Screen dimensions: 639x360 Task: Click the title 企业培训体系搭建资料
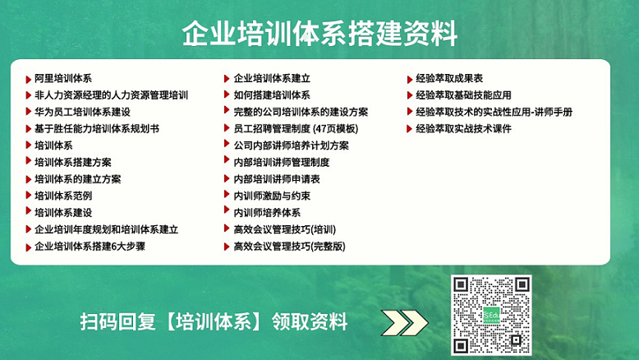click(319, 33)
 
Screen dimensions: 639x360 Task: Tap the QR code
click(491, 315)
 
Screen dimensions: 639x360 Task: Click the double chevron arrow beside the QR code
click(404, 322)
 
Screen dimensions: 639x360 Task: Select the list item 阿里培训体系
click(63, 78)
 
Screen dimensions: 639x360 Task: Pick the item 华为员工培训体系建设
click(82, 112)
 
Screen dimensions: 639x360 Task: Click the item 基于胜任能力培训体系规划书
click(97, 129)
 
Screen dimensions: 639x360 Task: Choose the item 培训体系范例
click(63, 196)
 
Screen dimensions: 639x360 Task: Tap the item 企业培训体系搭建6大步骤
click(90, 247)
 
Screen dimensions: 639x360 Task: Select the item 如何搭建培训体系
click(272, 95)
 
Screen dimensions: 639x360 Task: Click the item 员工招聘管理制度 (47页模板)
click(296, 129)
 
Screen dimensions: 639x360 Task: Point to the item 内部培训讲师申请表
click(277, 179)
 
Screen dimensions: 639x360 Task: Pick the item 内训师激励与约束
click(272, 196)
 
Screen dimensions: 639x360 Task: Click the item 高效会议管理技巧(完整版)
click(289, 247)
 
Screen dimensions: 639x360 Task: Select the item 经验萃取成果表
click(449, 78)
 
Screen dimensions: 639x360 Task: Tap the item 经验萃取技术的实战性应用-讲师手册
click(494, 112)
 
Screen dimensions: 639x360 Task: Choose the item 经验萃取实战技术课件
click(463, 129)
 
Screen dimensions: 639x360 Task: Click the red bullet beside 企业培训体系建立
click(227, 78)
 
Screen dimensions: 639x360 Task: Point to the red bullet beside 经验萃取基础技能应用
click(410, 95)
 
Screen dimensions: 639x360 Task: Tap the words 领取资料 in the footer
click(310, 321)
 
